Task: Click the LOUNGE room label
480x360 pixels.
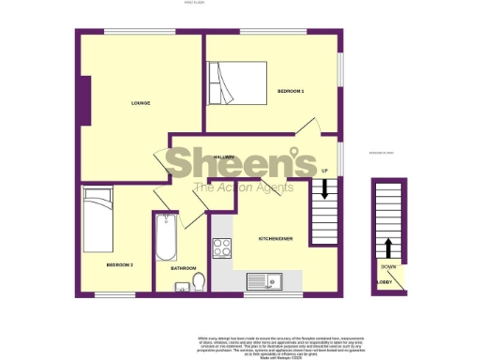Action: pyautogui.click(x=142, y=102)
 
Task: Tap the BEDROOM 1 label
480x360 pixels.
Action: pyautogui.click(x=291, y=91)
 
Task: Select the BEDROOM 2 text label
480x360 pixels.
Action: pyautogui.click(x=119, y=265)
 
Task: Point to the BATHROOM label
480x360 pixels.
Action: pyautogui.click(x=183, y=268)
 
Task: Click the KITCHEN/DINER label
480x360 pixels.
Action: pyautogui.click(x=276, y=239)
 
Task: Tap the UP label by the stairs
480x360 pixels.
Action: pyautogui.click(x=324, y=171)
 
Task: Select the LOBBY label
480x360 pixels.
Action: pyautogui.click(x=384, y=281)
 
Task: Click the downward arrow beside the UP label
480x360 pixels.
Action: pyautogui.click(x=324, y=187)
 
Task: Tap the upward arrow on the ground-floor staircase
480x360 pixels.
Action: pyautogui.click(x=387, y=247)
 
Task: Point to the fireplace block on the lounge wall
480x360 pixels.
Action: pyautogui.click(x=86, y=100)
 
